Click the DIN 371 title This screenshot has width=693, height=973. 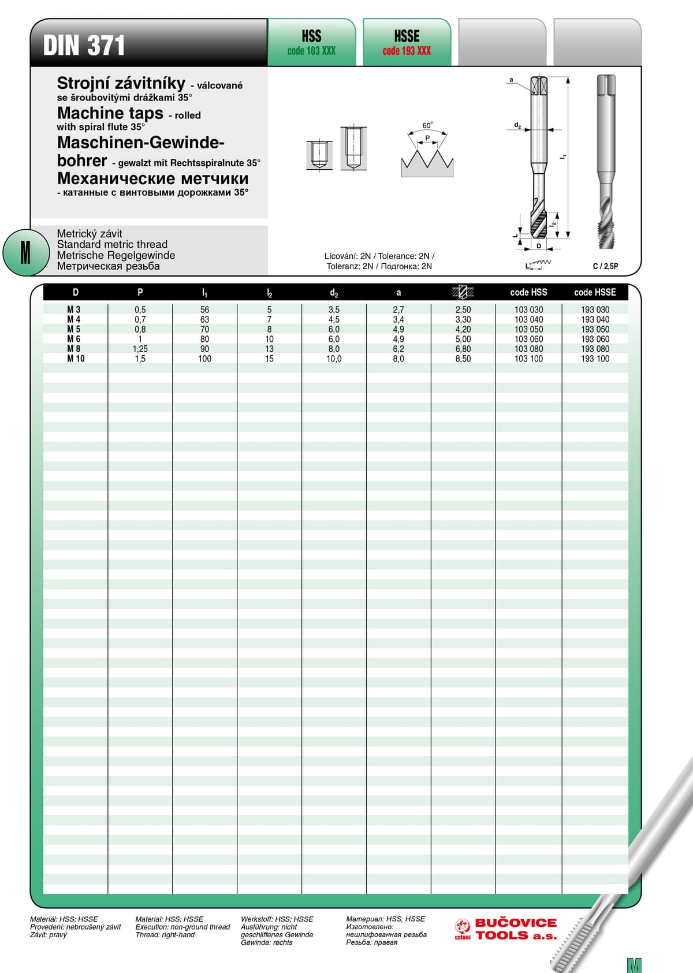(x=84, y=46)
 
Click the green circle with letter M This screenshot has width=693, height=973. (x=25, y=252)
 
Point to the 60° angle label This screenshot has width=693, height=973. (x=427, y=125)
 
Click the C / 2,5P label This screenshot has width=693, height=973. (x=605, y=266)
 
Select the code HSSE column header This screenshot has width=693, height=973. (x=595, y=292)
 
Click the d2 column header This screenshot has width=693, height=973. (x=334, y=293)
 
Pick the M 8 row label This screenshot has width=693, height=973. (x=74, y=349)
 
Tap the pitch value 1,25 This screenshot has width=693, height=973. (x=140, y=349)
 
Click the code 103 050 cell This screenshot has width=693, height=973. (x=528, y=329)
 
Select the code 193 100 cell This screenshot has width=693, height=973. (x=595, y=359)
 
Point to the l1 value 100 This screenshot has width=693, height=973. (x=204, y=359)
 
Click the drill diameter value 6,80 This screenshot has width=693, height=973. (x=463, y=349)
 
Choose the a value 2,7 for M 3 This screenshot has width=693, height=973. (x=398, y=310)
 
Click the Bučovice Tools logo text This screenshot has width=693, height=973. (x=515, y=929)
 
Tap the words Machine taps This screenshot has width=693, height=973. (x=110, y=113)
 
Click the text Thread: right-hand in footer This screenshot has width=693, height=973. (x=165, y=935)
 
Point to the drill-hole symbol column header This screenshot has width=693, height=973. (x=463, y=292)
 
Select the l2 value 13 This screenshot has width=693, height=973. (x=269, y=349)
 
